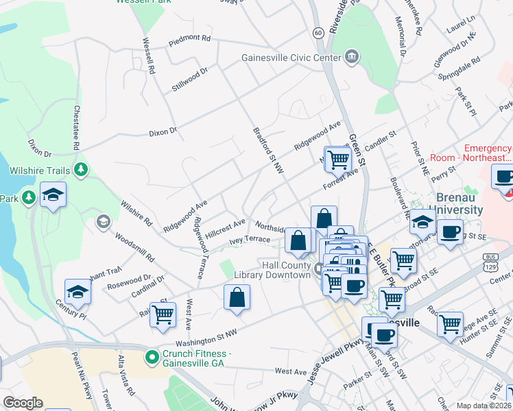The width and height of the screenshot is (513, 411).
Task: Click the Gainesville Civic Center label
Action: (x=291, y=58)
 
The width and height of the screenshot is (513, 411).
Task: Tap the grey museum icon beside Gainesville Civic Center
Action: (x=352, y=56)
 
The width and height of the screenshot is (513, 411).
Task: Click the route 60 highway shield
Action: (x=318, y=32)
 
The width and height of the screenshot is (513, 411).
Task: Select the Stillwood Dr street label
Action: (x=189, y=78)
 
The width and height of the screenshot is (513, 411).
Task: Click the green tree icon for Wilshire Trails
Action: (x=82, y=169)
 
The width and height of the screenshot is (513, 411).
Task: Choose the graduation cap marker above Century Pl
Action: (x=78, y=292)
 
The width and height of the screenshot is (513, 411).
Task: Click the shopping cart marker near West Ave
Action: (x=163, y=315)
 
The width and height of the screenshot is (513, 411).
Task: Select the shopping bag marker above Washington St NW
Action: (x=237, y=297)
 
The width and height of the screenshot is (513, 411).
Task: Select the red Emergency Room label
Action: (x=487, y=154)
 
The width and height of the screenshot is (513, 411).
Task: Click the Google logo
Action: (x=22, y=403)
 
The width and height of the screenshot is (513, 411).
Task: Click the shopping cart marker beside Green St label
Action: (x=338, y=160)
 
